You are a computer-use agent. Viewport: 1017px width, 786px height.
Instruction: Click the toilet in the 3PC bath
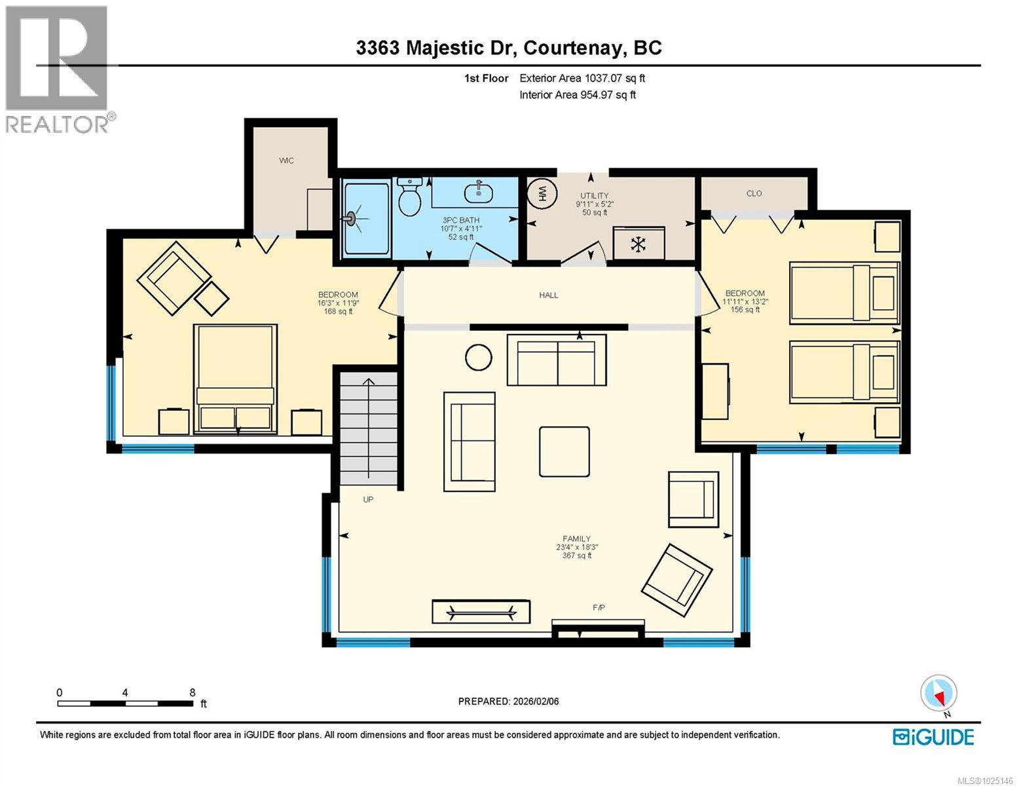click(410, 196)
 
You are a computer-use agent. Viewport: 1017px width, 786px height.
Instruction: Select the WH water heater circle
click(542, 193)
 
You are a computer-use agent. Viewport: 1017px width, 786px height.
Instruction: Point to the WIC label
click(286, 160)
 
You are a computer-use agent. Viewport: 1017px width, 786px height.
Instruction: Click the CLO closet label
click(754, 193)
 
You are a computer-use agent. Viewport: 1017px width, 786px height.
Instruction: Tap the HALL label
click(548, 295)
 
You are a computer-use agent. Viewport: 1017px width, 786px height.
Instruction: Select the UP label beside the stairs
click(368, 500)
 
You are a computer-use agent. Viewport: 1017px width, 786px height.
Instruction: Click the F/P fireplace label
click(599, 608)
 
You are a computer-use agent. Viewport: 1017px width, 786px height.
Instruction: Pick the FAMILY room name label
click(576, 539)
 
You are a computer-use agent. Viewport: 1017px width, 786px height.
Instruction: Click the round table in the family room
click(479, 358)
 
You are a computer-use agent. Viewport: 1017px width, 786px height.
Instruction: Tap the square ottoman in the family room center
click(564, 451)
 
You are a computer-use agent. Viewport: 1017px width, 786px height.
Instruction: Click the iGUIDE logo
click(933, 737)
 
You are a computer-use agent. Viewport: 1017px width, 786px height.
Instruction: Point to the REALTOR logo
click(58, 69)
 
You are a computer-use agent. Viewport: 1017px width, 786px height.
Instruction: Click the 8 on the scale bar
click(193, 692)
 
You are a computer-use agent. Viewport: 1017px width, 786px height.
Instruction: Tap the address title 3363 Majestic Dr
click(508, 48)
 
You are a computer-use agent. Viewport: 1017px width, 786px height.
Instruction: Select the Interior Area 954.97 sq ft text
click(577, 95)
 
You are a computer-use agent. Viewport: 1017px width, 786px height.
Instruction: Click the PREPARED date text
click(508, 702)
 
